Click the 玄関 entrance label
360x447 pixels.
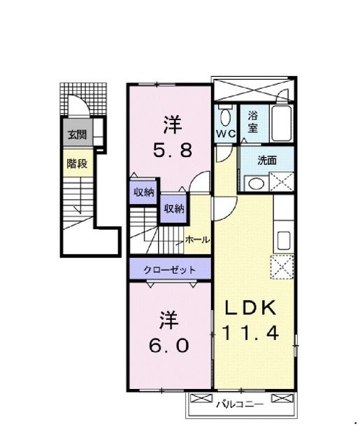[78, 134]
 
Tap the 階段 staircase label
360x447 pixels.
[77, 163]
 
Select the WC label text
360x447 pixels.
[226, 133]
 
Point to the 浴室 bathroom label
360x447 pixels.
[252, 122]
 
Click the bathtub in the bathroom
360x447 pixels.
[281, 123]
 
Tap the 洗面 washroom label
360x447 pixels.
[267, 161]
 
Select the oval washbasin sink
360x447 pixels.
[256, 184]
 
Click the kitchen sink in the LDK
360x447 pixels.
[284, 240]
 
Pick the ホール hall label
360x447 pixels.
[198, 240]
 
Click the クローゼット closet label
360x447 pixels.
[170, 270]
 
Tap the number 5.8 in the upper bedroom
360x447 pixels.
[173, 150]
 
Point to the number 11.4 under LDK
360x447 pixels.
[250, 332]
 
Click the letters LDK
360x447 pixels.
[251, 307]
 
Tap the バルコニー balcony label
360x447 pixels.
[239, 404]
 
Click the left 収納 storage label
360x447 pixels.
[144, 192]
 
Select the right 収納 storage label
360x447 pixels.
[174, 209]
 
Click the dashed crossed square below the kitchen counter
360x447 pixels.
[282, 267]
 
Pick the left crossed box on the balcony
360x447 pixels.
[201, 398]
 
